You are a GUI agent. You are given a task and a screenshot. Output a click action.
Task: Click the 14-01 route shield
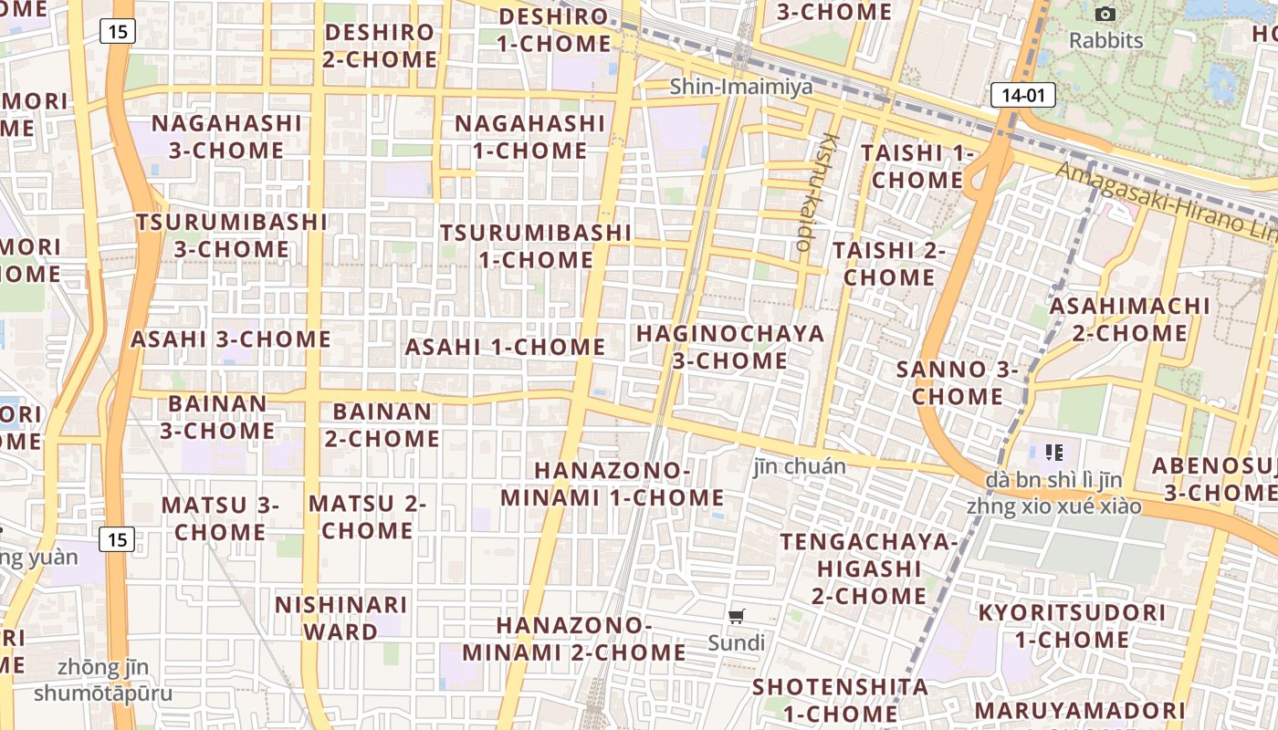(1022, 94)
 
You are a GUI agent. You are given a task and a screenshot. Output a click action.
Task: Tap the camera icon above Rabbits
(1105, 14)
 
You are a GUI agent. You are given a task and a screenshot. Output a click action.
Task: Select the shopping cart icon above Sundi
(737, 616)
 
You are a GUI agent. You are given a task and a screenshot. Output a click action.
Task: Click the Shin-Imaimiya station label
(740, 87)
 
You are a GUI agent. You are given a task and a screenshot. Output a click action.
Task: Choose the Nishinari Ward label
(340, 618)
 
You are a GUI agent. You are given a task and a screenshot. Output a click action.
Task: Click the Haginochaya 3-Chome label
(730, 347)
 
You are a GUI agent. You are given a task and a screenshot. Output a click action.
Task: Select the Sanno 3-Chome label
(958, 382)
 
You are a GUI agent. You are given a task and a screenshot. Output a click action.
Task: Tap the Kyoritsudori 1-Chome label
(1072, 625)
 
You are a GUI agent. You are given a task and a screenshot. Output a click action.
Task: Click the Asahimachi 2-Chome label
(1129, 319)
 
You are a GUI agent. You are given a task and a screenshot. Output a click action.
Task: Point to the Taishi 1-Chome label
(917, 166)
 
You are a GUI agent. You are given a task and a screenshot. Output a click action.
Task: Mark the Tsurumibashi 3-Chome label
(232, 235)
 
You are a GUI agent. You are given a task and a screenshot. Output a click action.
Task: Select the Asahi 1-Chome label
(505, 347)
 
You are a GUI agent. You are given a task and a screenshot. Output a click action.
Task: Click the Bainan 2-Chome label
(382, 425)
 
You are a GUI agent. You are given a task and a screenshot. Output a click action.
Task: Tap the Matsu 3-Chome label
(221, 517)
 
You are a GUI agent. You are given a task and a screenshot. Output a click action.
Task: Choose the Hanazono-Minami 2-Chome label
(574, 639)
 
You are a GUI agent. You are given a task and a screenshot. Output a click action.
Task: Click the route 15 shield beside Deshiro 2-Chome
(118, 32)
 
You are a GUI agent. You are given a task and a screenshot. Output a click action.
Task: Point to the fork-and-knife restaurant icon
(1054, 452)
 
